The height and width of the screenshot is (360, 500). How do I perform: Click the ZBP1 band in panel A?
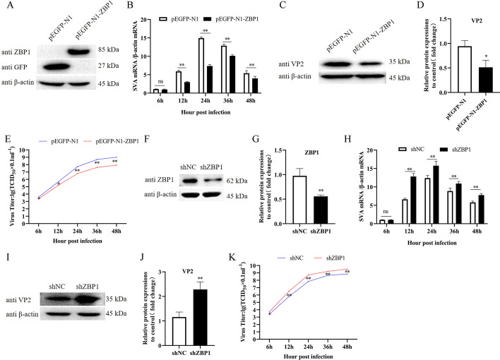pyautogui.click(x=81, y=51)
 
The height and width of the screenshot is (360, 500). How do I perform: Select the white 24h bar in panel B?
pyautogui.click(x=201, y=66)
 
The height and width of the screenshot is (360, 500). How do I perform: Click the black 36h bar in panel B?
pyautogui.click(x=232, y=75)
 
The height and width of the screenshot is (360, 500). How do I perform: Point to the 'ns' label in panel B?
pyautogui.click(x=160, y=81)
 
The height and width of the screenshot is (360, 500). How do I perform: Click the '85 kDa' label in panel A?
pyautogui.click(x=109, y=49)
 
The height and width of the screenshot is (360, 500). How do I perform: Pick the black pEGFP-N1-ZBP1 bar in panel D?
pyautogui.click(x=486, y=80)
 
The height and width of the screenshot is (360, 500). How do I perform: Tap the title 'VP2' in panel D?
pyautogui.click(x=477, y=21)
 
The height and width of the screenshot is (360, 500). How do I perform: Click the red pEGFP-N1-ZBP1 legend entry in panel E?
pyautogui.click(x=111, y=141)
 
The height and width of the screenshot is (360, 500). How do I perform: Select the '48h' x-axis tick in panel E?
pyautogui.click(x=117, y=232)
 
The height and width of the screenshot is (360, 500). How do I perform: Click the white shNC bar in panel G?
pyautogui.click(x=299, y=200)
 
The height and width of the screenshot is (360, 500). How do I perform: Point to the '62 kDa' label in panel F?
pyautogui.click(x=237, y=181)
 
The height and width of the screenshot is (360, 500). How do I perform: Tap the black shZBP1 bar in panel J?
pyautogui.click(x=201, y=318)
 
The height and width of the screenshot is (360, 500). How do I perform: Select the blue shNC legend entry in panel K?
pyautogui.click(x=290, y=258)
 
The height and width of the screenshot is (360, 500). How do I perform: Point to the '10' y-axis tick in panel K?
pyautogui.click(x=253, y=265)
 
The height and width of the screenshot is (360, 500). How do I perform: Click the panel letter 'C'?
pyautogui.click(x=282, y=6)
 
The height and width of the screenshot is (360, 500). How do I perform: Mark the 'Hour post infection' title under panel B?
pyautogui.click(x=206, y=112)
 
